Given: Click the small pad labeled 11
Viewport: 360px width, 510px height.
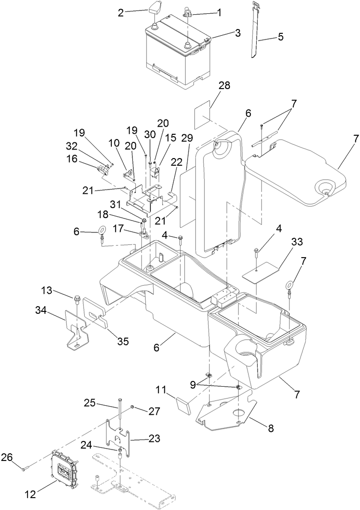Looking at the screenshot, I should tap(183, 407).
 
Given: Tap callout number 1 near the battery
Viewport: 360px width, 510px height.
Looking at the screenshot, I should tap(220, 13).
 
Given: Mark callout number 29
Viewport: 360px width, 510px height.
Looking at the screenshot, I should tap(187, 138).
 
